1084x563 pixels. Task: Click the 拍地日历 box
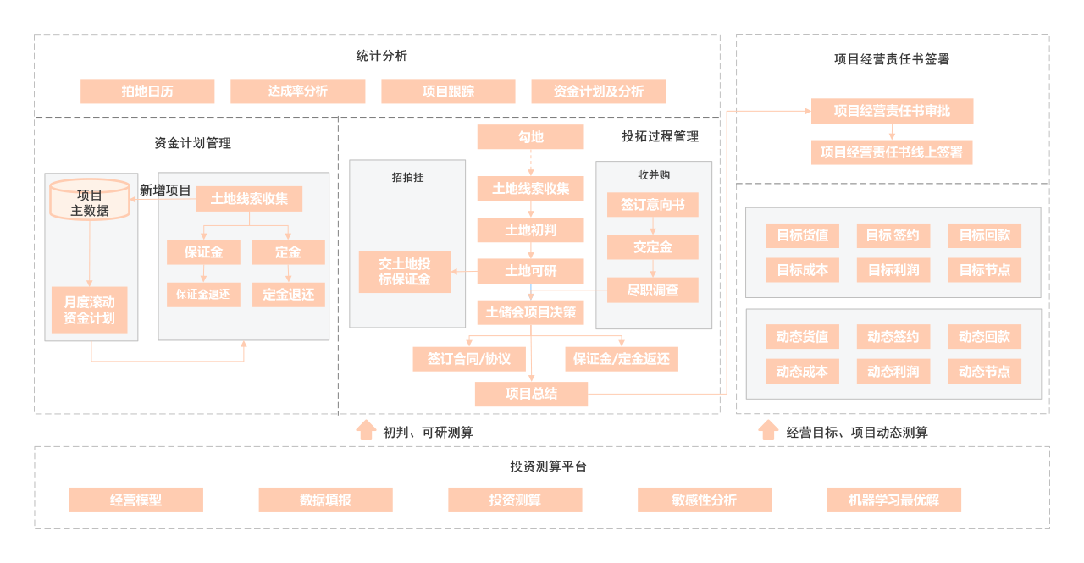click(147, 91)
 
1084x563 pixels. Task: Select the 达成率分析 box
click(297, 91)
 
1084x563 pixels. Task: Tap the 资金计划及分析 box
click(598, 91)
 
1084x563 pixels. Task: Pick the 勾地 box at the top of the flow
click(530, 137)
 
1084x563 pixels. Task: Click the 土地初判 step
click(530, 229)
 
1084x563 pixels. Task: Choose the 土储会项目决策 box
click(530, 312)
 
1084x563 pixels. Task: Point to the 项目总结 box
click(531, 394)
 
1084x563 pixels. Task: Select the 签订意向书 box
click(652, 205)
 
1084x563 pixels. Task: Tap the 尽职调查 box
click(652, 290)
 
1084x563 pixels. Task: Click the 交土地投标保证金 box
click(404, 272)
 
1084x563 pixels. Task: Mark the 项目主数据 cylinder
click(90, 200)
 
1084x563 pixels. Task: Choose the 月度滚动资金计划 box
click(90, 310)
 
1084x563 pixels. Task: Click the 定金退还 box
click(288, 295)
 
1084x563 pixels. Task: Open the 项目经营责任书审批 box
click(892, 111)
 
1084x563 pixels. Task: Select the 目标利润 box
click(893, 270)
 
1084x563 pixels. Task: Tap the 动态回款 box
click(984, 337)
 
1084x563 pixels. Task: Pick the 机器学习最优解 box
click(893, 500)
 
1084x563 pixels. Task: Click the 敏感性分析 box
click(705, 500)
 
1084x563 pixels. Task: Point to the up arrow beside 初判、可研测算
click(366, 430)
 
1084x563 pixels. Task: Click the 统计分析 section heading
click(381, 56)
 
